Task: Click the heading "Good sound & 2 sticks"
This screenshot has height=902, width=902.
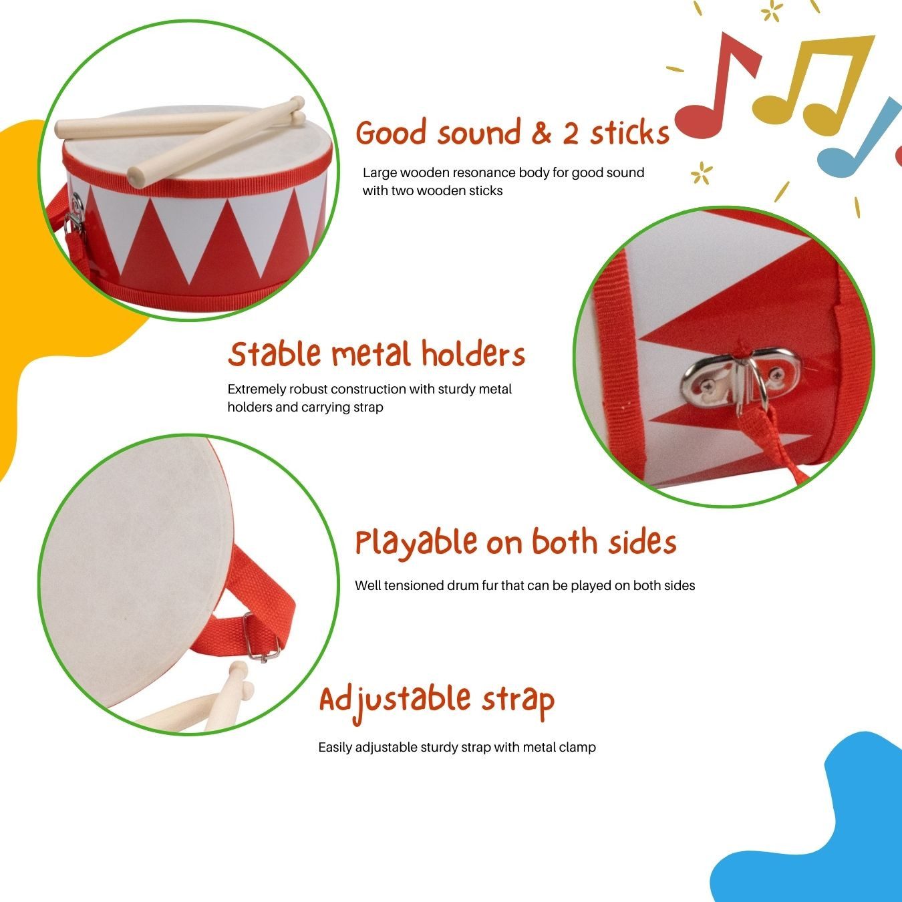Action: (x=512, y=133)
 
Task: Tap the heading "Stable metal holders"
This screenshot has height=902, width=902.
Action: (x=376, y=354)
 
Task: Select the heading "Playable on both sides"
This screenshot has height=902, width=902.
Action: (x=515, y=542)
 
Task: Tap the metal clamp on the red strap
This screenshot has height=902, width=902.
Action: (x=261, y=638)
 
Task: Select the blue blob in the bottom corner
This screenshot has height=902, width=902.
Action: (x=822, y=835)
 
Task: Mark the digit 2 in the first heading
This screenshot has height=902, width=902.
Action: (x=570, y=134)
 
